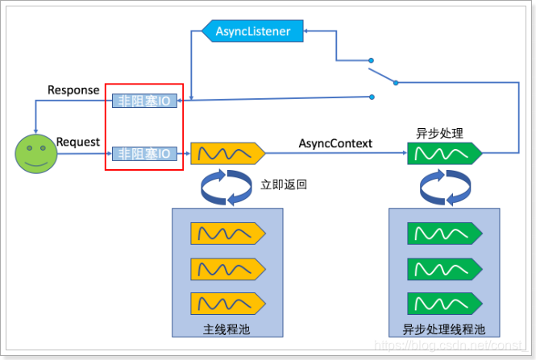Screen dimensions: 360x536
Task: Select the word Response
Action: (x=73, y=89)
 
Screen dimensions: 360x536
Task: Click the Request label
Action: (x=78, y=142)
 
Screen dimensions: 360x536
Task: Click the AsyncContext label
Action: (x=335, y=143)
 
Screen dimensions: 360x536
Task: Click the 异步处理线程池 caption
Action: (x=443, y=329)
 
